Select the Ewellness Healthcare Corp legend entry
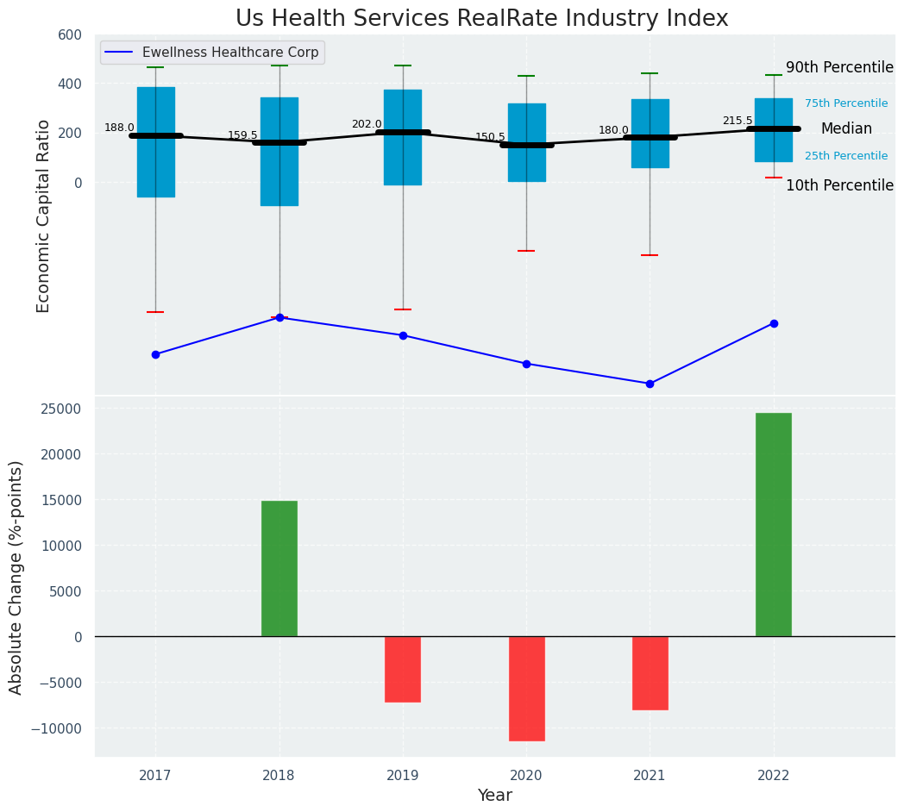(212, 53)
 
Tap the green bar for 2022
(773, 524)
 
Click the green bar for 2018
(279, 568)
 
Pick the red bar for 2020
(526, 688)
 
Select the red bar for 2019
(403, 669)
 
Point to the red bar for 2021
(650, 672)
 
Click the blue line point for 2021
(650, 384)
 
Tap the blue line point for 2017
(155, 354)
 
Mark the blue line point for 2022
(774, 323)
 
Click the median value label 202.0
(367, 124)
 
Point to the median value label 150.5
(490, 137)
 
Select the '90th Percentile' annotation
(839, 68)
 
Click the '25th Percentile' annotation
(845, 156)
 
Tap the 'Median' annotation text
(846, 128)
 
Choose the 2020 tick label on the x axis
(526, 776)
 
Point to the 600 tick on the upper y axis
(71, 34)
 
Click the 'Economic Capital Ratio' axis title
(44, 215)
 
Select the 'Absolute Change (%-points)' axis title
(16, 577)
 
